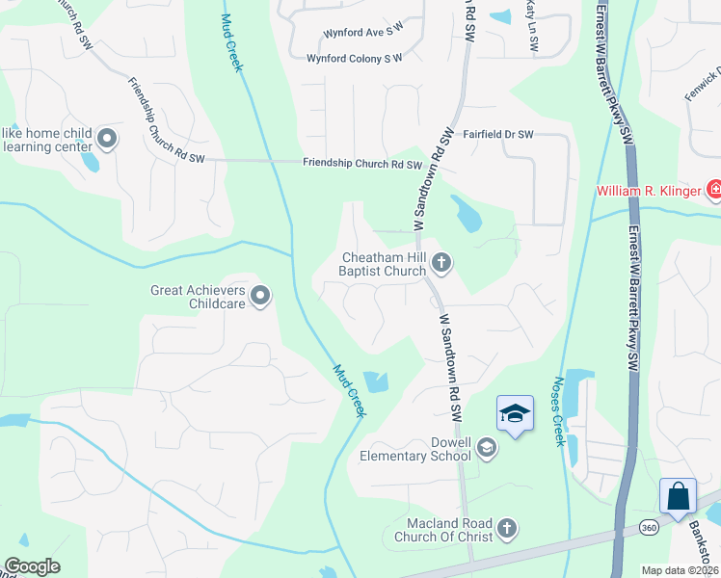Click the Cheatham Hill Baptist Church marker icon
coord(441,261)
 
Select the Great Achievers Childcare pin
coord(259,297)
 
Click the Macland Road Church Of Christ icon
coord(507,528)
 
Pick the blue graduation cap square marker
coord(516,413)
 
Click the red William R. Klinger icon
coord(714,190)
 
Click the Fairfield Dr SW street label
coord(498,136)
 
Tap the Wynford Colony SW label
coord(354,59)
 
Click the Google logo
coord(32,566)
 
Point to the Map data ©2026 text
coord(680,570)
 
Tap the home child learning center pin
coord(107,140)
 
